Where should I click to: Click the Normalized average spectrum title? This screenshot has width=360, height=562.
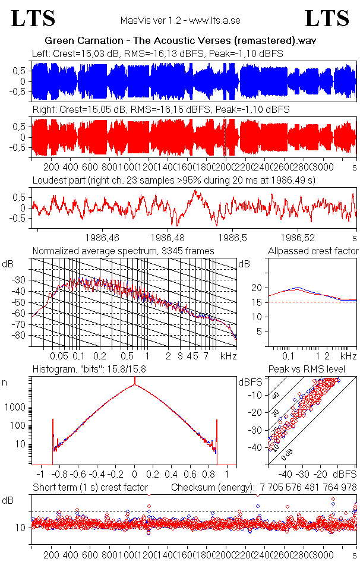(123, 251)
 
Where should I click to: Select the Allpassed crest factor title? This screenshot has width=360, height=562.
(313, 251)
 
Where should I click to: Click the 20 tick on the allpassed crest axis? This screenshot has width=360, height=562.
(257, 288)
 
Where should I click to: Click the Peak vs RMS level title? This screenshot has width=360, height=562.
(314, 370)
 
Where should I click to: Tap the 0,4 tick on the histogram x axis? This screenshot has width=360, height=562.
(171, 475)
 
